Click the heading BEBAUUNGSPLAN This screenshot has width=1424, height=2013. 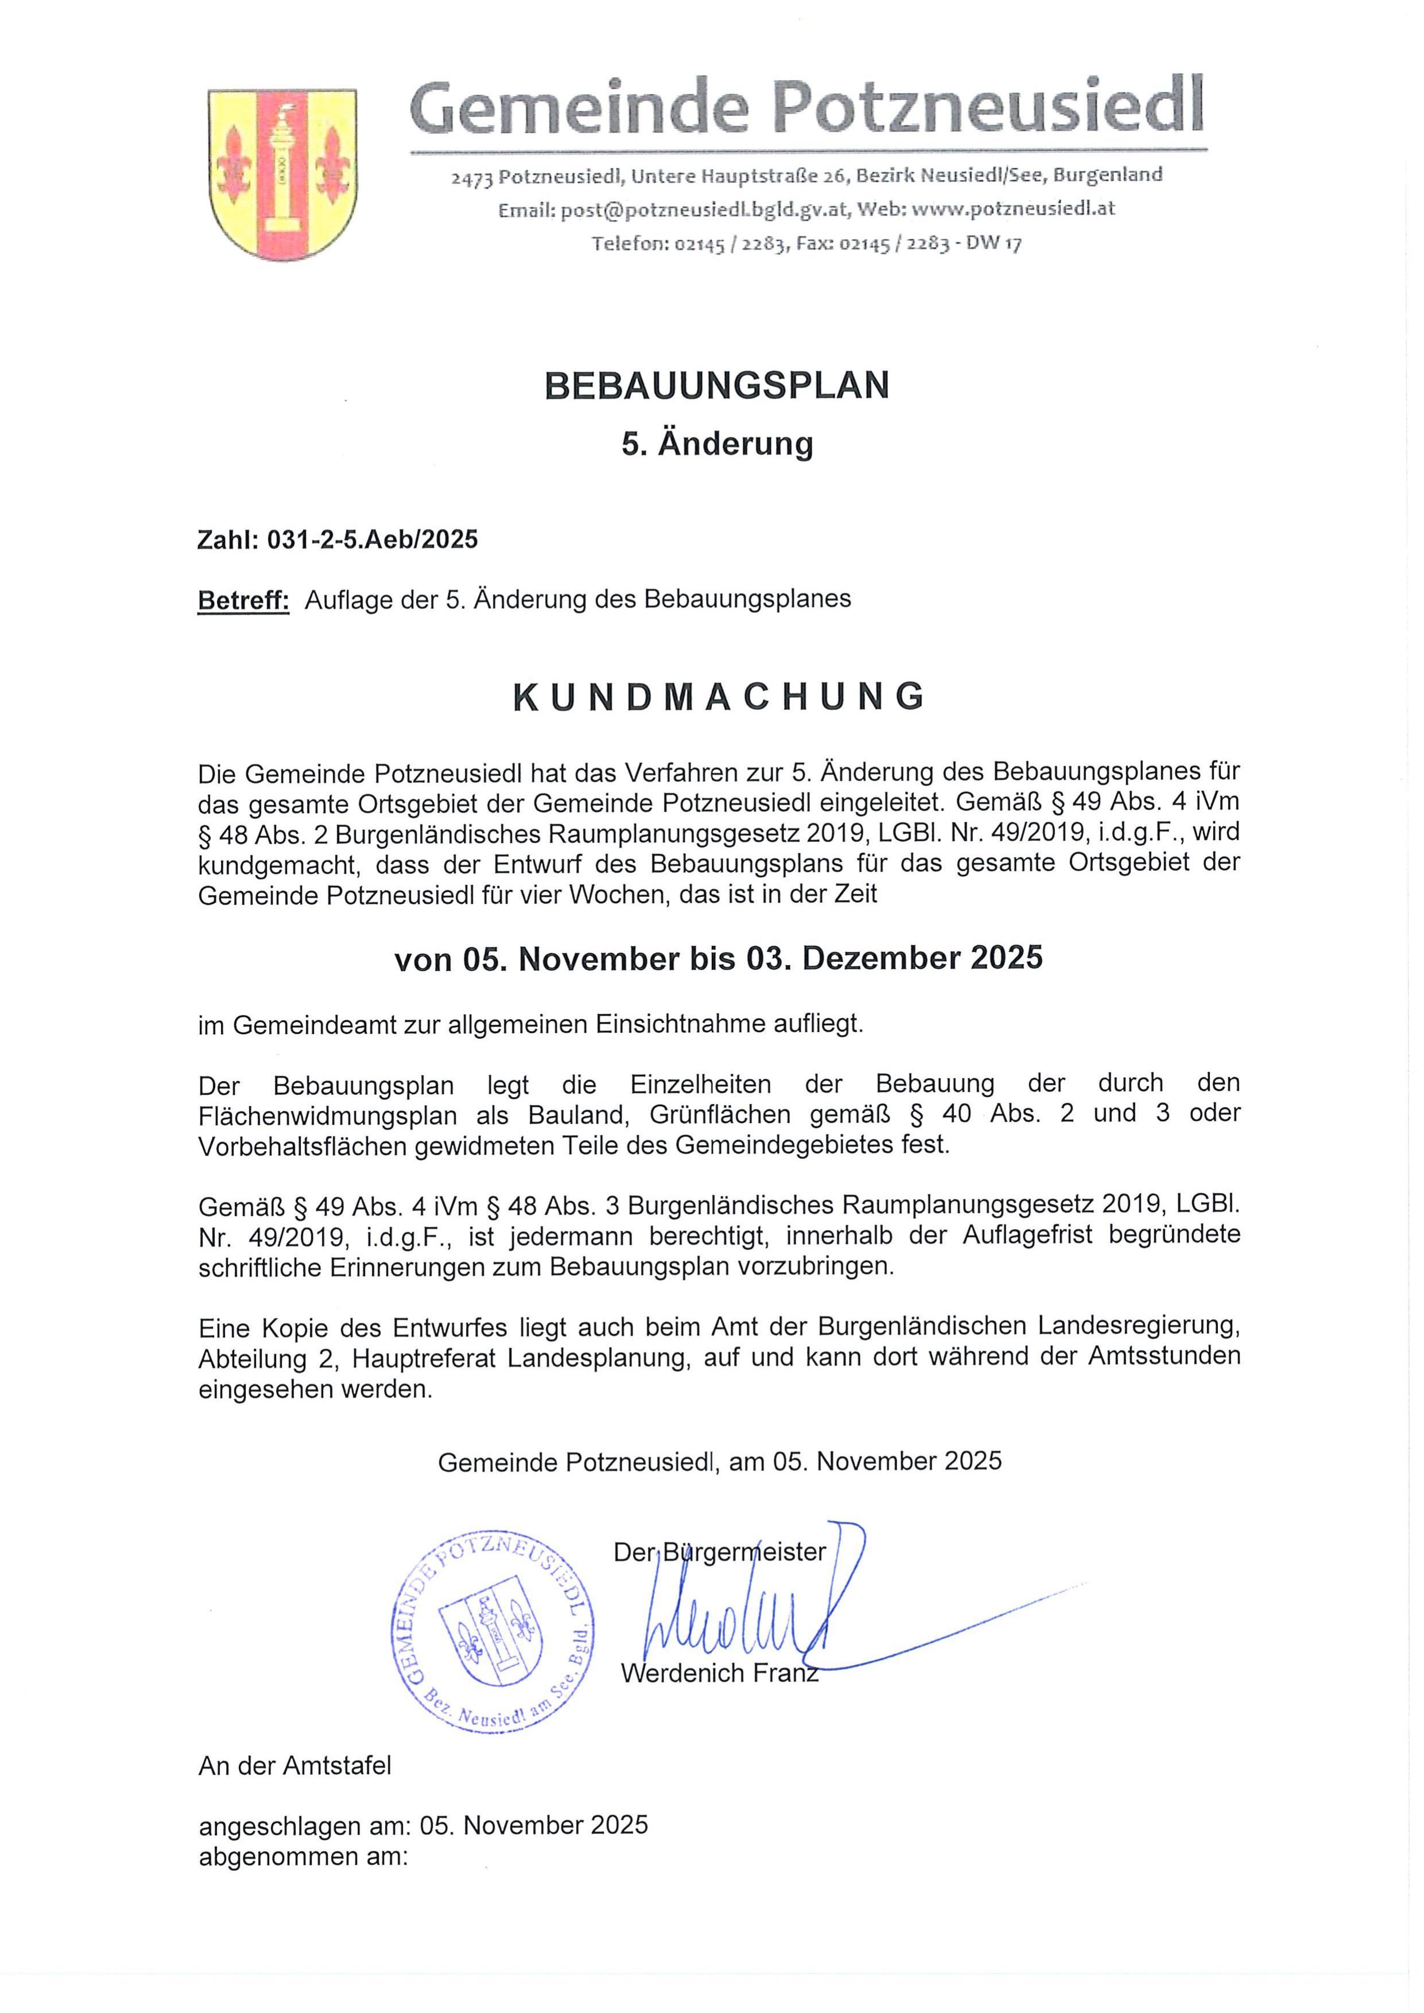tap(716, 386)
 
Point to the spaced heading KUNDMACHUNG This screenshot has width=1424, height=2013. tap(718, 697)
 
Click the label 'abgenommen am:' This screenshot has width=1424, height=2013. tap(304, 1856)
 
